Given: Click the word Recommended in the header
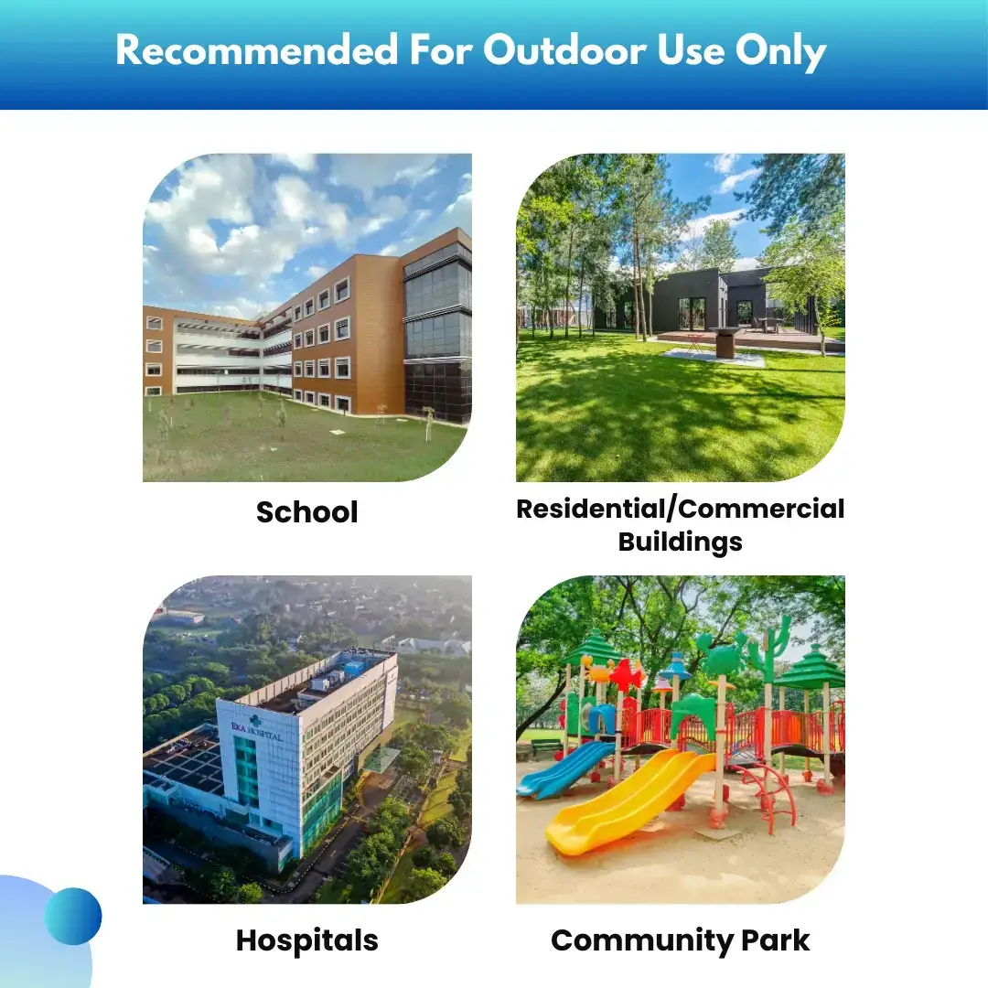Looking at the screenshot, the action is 257,49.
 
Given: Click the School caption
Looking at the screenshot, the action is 306,511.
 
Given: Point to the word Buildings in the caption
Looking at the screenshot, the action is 680,542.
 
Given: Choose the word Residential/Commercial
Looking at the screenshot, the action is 680,509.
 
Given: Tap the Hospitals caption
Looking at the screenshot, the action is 306,940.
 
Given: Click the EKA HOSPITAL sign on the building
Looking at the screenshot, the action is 256,731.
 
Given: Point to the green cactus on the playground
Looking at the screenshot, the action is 769,649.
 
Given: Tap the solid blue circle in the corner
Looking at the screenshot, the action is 73,916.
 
